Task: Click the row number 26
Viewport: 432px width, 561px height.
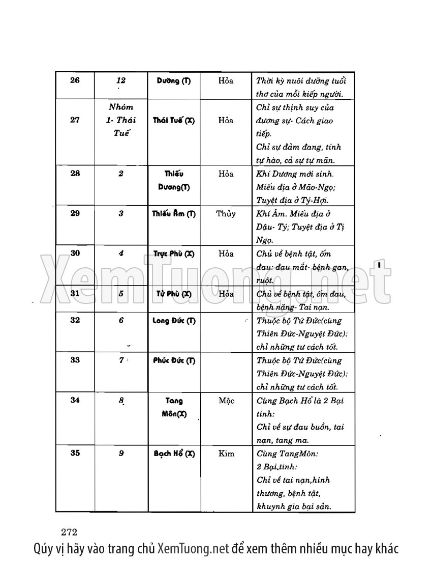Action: pyautogui.click(x=75, y=80)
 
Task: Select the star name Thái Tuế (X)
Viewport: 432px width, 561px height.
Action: pyautogui.click(x=173, y=120)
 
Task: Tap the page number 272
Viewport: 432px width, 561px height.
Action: pyautogui.click(x=68, y=532)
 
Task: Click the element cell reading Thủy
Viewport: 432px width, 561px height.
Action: pyautogui.click(x=226, y=214)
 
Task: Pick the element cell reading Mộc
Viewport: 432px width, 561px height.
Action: pyautogui.click(x=226, y=401)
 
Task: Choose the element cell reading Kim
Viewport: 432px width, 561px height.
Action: pyautogui.click(x=226, y=453)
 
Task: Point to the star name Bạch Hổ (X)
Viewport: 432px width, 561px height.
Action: pyautogui.click(x=174, y=454)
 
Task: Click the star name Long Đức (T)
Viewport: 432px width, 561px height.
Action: pyautogui.click(x=174, y=321)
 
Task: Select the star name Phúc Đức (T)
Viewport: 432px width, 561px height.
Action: pyautogui.click(x=174, y=360)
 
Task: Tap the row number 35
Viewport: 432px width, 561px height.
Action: pyautogui.click(x=75, y=453)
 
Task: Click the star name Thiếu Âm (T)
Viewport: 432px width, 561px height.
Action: pyautogui.click(x=174, y=214)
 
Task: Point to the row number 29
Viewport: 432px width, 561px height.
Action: pyautogui.click(x=75, y=213)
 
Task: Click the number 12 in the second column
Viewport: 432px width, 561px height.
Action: pyautogui.click(x=120, y=80)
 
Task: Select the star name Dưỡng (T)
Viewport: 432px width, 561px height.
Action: pyautogui.click(x=174, y=81)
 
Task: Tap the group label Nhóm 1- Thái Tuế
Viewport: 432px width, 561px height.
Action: pyautogui.click(x=121, y=120)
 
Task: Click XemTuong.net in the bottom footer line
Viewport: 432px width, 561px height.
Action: pyautogui.click(x=193, y=548)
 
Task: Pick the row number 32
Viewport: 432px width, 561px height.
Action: pyautogui.click(x=75, y=320)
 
